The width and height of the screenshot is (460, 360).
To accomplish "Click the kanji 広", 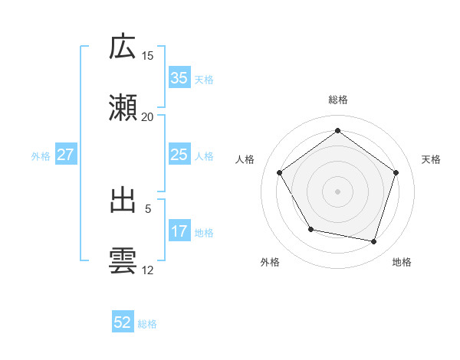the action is pos(123,47).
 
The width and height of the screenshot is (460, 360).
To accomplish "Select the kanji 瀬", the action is pos(123,107).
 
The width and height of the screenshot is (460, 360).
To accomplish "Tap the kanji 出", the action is pos(123,201).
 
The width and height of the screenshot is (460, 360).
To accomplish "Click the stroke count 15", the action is pos(148,56).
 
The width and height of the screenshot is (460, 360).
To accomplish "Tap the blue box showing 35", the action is pos(179,78).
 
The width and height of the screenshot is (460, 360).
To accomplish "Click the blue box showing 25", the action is pos(179,155).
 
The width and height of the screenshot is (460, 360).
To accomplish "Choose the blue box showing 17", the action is pos(179,231).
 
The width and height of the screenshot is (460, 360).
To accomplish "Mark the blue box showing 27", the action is pos(66,155).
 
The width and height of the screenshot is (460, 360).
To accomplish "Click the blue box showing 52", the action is pos(123,323).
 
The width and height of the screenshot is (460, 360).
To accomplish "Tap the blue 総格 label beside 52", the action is pos(147,324).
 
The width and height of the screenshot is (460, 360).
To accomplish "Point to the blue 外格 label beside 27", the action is pos(41,156).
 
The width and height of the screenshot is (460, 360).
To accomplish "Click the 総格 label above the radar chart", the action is pos(338,100).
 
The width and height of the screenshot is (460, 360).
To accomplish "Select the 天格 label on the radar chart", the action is pos(431,159).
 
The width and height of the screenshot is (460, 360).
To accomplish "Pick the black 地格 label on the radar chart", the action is pos(402,262).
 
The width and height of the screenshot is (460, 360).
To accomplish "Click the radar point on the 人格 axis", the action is pos(280,172).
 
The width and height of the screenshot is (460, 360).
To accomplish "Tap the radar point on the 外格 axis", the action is pos(310,229).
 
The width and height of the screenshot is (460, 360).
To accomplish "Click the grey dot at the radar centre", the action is pos(338,191).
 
